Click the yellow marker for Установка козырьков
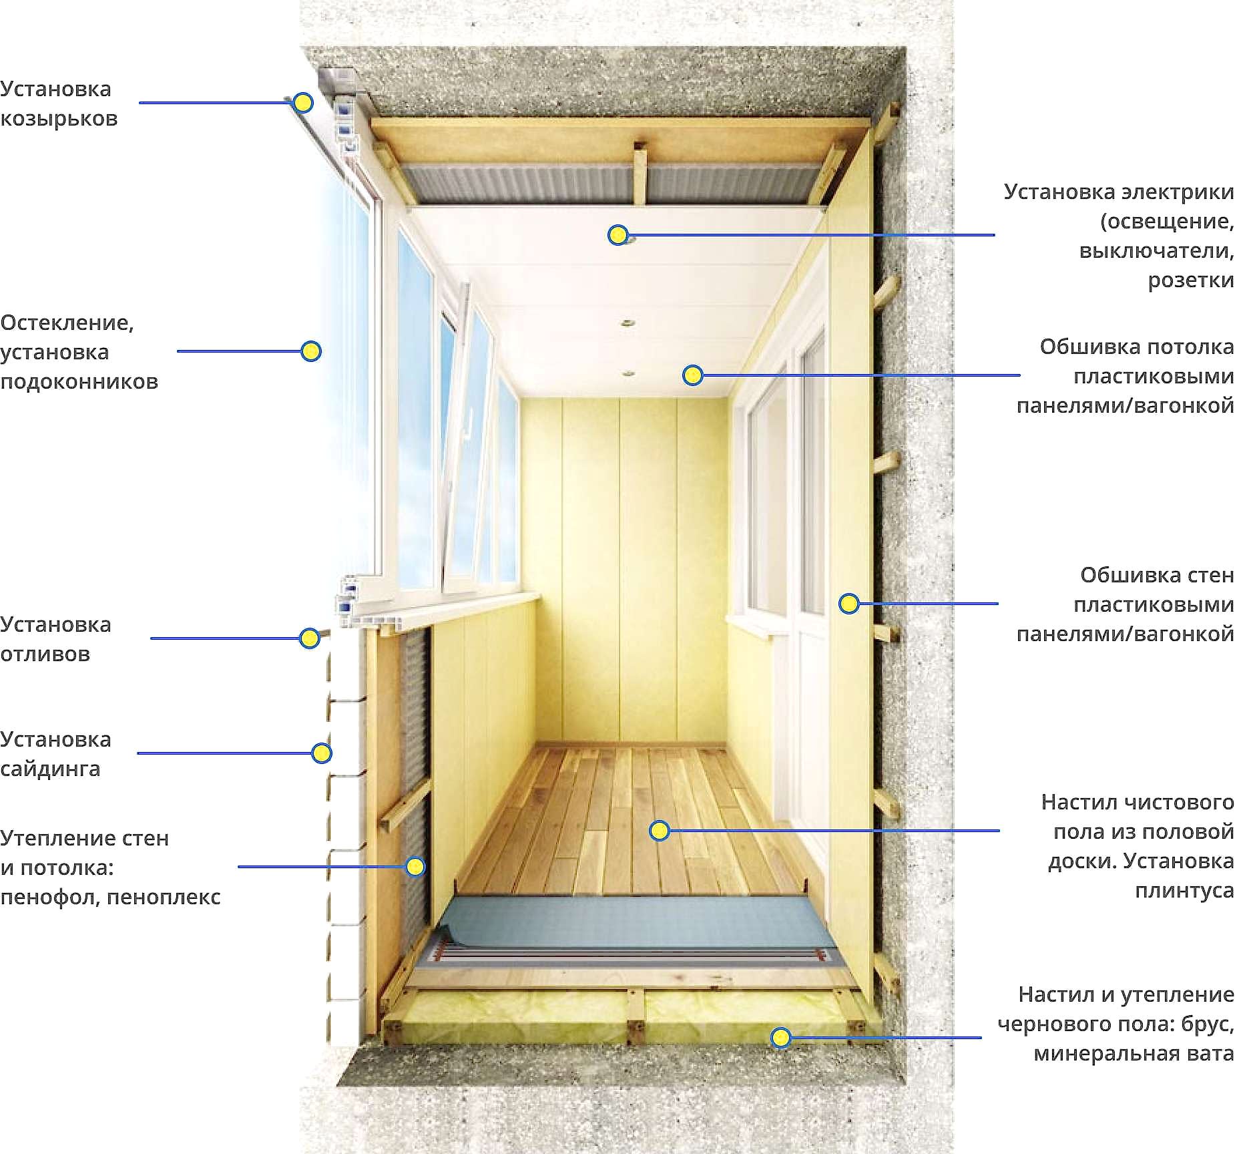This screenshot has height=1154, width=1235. point(303,103)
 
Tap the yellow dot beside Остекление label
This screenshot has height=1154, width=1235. point(311,351)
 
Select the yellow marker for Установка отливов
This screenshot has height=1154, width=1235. point(309,638)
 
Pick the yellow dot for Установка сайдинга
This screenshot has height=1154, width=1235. point(322,753)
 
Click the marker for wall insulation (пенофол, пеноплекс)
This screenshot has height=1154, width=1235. point(415,867)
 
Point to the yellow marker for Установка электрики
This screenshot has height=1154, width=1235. point(618,235)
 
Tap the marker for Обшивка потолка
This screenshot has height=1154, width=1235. point(693,375)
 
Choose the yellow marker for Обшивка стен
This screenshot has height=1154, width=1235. point(848,604)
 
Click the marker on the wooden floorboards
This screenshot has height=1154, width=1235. point(660,831)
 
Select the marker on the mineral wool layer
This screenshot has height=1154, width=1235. point(780,1038)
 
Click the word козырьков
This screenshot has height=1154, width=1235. point(59,119)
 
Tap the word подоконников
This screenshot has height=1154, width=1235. point(79,382)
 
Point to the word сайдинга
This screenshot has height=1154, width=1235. point(50,769)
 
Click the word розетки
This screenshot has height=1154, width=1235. point(1191,280)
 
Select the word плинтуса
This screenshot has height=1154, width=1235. point(1184,890)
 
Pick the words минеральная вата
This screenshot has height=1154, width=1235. point(1134,1054)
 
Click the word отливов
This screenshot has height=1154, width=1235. point(45,654)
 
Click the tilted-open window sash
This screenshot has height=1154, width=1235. point(469,434)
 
